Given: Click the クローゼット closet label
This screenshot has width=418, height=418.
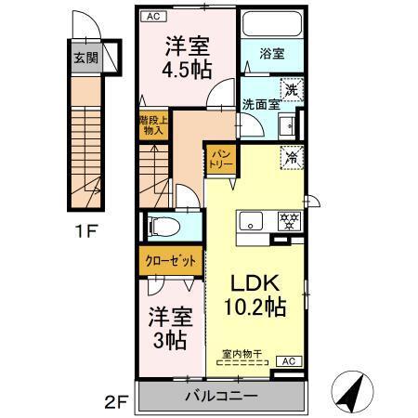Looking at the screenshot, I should [169, 261].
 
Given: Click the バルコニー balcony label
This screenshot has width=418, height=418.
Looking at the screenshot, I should [220, 398].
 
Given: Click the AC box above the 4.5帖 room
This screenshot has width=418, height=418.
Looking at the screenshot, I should [150, 16].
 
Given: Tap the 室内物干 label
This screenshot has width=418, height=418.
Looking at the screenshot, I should [242, 353].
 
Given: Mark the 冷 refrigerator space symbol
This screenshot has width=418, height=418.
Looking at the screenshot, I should [291, 156].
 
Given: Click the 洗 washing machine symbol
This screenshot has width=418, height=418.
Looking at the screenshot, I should [292, 91].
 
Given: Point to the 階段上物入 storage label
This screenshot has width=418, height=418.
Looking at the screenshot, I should [151, 125].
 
